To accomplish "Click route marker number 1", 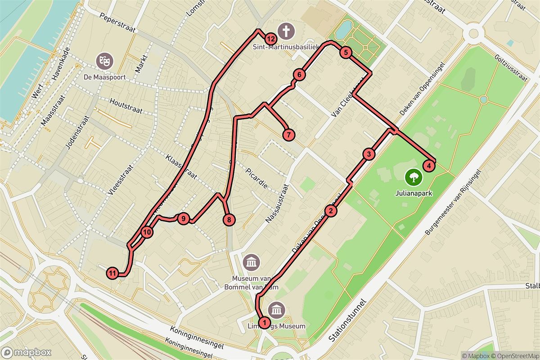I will pos(265,322).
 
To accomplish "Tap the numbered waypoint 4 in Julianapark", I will pos(429,166).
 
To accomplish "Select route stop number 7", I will pos(288,134).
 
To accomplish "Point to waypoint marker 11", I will pos(113,273).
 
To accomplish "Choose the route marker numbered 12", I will pos(270,39).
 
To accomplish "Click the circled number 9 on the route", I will pos(183,219).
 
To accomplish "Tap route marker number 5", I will pos(345,53).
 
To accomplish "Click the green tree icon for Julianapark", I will pos(413,177).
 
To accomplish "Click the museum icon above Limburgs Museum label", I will pos(275,310).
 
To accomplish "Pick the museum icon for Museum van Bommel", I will pos(251,261).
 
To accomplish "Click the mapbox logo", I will pos(26,352).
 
